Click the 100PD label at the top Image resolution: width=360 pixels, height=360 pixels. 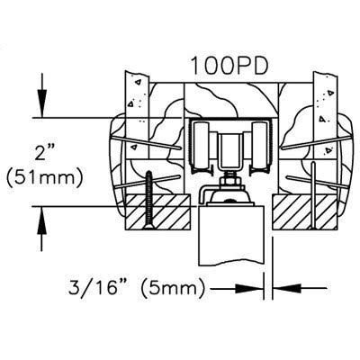[229, 66]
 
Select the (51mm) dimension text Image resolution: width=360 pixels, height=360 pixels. [44, 179]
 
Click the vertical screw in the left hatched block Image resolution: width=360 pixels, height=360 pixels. [148, 200]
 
